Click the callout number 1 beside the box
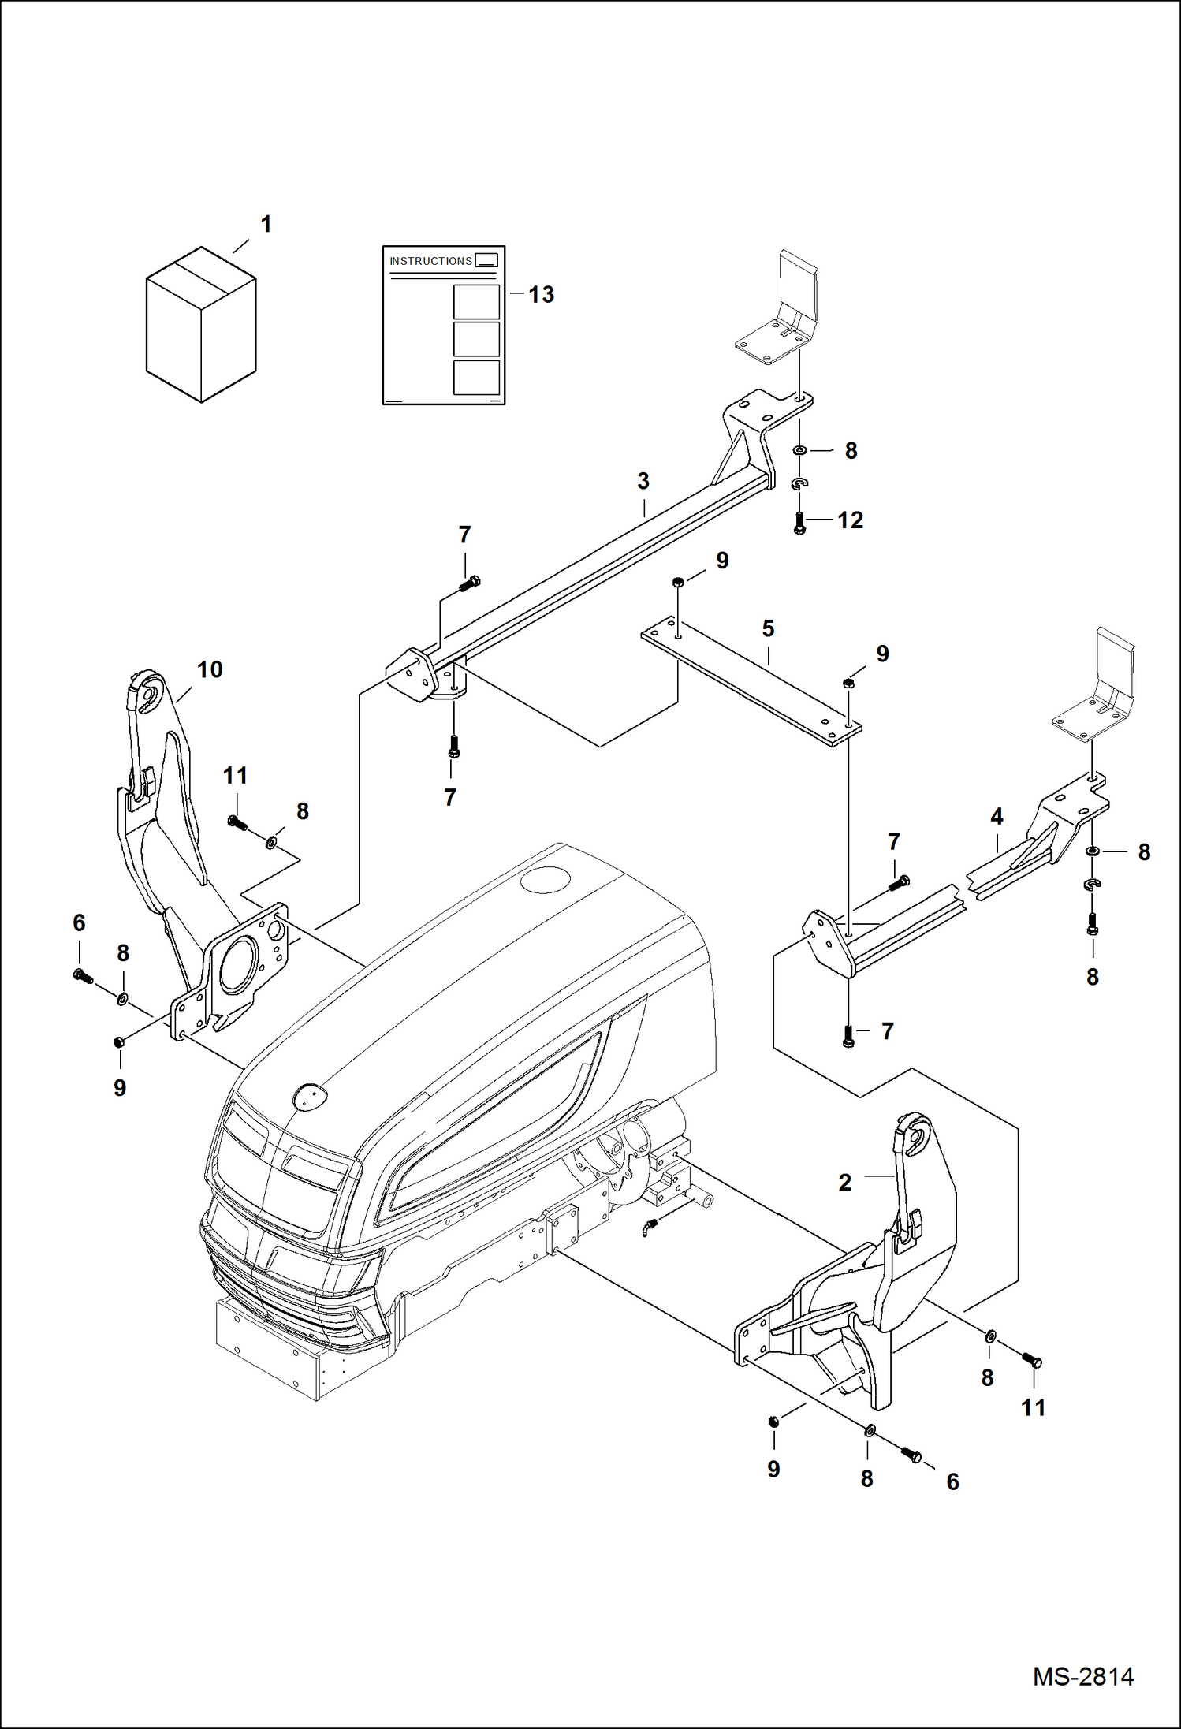(x=266, y=225)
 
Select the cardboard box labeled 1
(x=201, y=325)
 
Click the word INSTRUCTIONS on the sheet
(x=430, y=261)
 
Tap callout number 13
(x=541, y=295)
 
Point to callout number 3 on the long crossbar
(x=643, y=481)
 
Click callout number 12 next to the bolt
(x=850, y=520)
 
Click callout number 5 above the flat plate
(x=768, y=628)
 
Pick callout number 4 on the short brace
(x=997, y=816)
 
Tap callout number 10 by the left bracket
(x=210, y=669)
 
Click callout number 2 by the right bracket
(x=845, y=1183)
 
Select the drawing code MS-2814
(x=1083, y=1676)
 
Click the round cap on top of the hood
(x=545, y=879)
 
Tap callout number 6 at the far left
(x=79, y=923)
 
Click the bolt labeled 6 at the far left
(x=83, y=977)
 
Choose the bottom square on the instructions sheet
(x=476, y=378)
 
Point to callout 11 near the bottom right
(x=1033, y=1407)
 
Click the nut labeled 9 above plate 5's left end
(x=677, y=583)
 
